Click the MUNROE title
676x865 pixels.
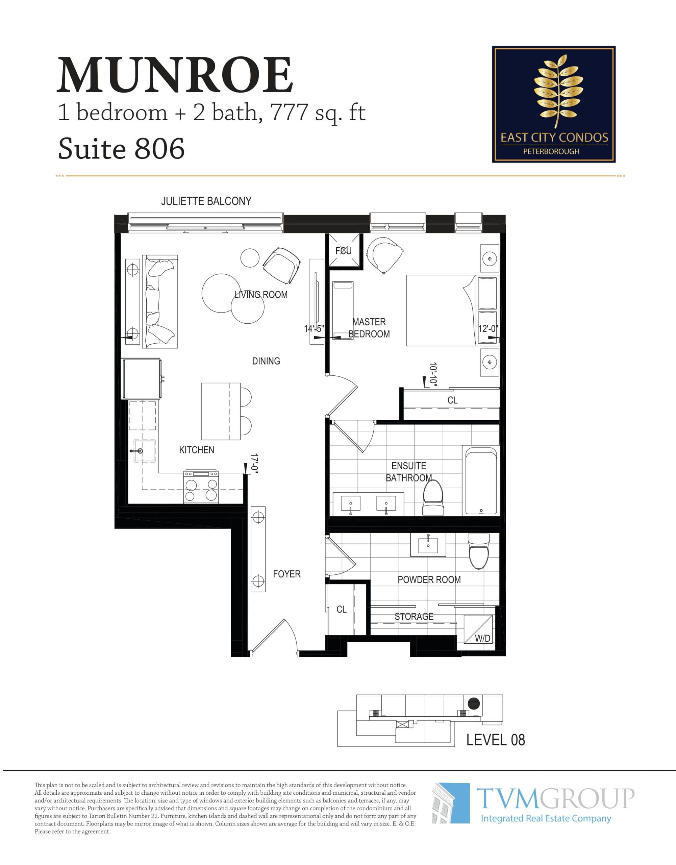coord(175,75)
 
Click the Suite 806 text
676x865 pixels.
coord(121,149)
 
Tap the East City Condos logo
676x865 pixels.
coord(553,104)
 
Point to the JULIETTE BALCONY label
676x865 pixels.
coord(206,201)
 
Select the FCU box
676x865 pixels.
coord(343,250)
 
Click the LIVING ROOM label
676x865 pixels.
coord(260,295)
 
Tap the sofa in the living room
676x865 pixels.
coord(159,301)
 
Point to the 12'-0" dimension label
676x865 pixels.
coord(488,329)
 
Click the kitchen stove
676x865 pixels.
coord(201,487)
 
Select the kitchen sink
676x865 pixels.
coord(144,451)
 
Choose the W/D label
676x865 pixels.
coord(482,638)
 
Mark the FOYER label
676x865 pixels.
coord(287,574)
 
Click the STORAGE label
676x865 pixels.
coord(414,616)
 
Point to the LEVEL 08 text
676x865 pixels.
coord(495,739)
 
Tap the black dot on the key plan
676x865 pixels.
coord(474,703)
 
